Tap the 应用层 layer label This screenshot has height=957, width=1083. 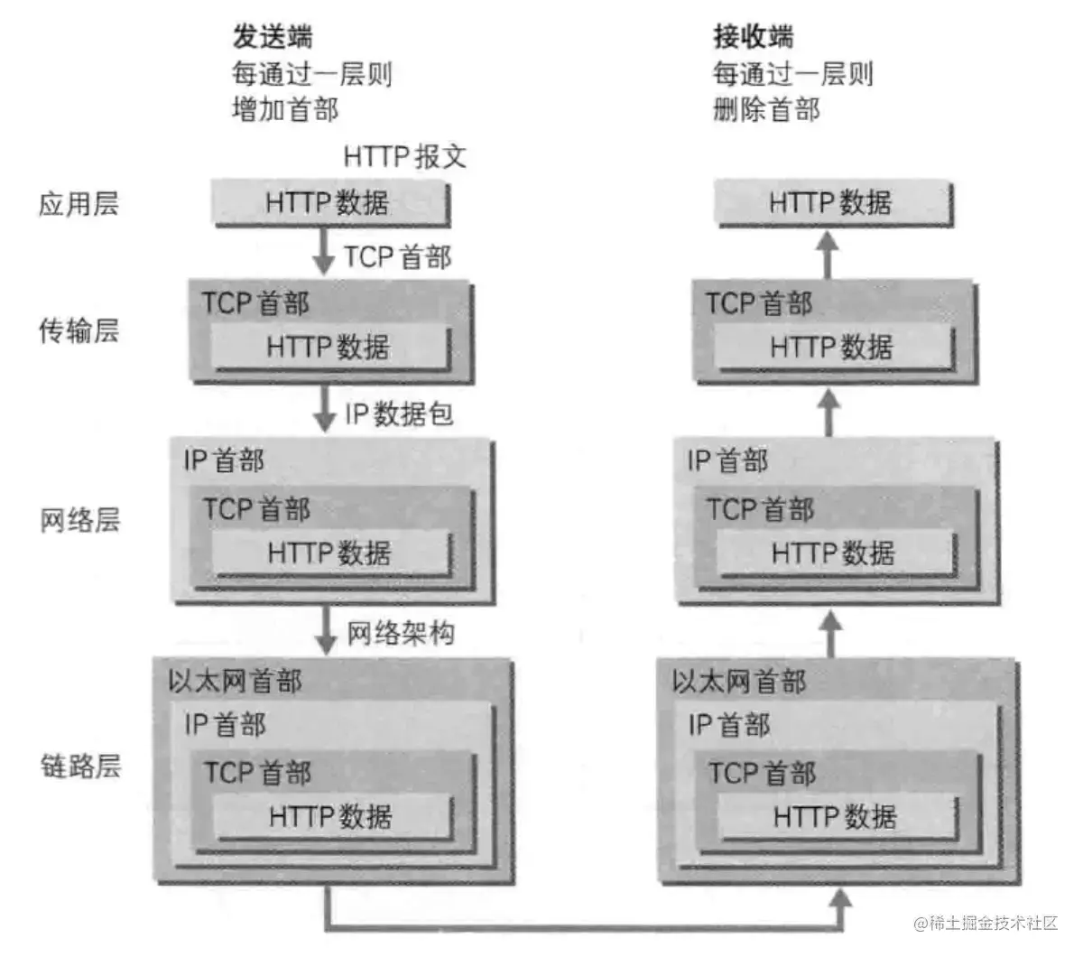tap(79, 204)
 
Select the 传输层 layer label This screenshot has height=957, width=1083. tap(79, 331)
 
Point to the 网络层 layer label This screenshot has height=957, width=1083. tap(79, 521)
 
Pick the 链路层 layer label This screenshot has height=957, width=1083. tap(79, 767)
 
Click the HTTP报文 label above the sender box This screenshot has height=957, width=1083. tap(404, 156)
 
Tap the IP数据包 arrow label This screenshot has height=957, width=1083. tap(398, 414)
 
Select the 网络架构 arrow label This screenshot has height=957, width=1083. tap(401, 634)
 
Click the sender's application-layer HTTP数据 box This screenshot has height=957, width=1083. tap(329, 203)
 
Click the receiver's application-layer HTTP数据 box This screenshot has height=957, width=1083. tap(832, 203)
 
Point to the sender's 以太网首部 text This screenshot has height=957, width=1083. tap(235, 682)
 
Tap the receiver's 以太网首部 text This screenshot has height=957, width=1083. tap(738, 682)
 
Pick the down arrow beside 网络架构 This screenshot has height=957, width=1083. tap(325, 632)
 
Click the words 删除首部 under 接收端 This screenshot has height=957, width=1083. tap(766, 110)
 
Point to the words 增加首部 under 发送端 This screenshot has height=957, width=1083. tap(285, 110)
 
